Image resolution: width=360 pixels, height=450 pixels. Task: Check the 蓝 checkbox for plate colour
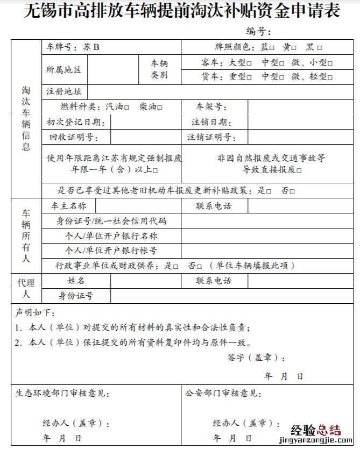point(273,47)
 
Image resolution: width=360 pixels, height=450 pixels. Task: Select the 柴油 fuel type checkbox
point(160,106)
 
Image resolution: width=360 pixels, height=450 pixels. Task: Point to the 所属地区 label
point(64,70)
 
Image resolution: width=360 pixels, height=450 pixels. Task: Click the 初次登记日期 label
point(75,122)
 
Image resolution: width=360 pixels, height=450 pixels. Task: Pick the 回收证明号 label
point(73,138)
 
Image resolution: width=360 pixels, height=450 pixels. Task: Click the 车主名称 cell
point(68,206)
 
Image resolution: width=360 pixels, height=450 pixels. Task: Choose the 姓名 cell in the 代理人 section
point(76,281)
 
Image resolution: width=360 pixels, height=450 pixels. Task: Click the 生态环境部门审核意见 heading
point(62,394)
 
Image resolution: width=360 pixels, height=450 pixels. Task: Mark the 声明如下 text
point(35,312)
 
